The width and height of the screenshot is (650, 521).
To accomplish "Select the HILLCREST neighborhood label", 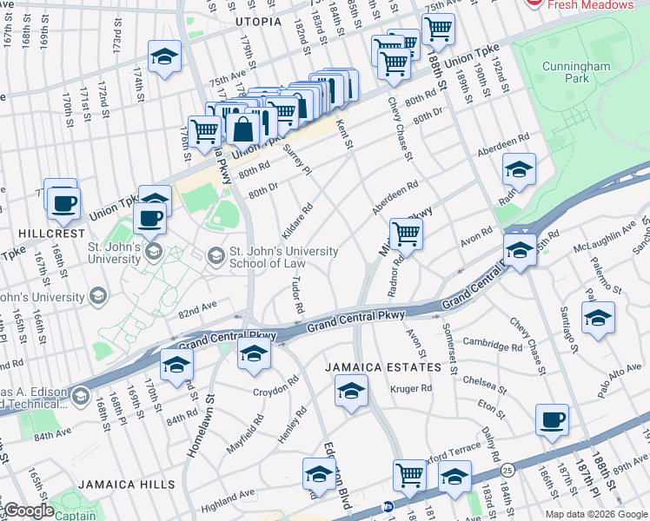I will click(43, 234).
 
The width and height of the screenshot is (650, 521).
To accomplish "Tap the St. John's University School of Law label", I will click(282, 257).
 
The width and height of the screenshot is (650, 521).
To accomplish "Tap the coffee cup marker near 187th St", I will click(553, 420).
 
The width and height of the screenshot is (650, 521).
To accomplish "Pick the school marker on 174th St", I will click(164, 56).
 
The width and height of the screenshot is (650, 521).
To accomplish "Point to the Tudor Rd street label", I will click(296, 296).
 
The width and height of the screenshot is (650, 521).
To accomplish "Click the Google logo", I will click(28, 511).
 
